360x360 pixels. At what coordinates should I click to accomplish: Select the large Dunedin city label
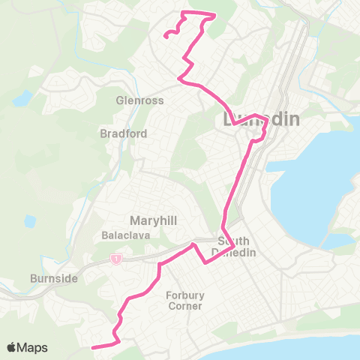click(262, 120)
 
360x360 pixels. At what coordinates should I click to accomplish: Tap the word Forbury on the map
click(184, 295)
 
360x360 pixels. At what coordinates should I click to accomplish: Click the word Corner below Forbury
click(184, 306)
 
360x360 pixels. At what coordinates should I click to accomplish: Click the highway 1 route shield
click(116, 259)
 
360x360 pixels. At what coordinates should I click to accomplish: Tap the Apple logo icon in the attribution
click(12, 347)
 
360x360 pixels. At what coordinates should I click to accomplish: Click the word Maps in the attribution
click(33, 347)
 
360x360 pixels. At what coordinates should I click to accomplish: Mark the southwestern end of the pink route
click(91, 347)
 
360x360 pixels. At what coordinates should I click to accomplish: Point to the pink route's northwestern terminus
click(166, 34)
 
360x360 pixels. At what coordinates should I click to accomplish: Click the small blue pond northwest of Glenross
click(23, 98)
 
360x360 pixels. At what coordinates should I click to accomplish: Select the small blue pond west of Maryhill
click(29, 223)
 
